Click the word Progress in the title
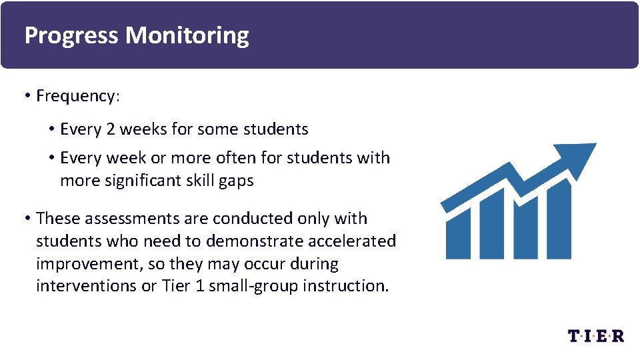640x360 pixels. (72, 35)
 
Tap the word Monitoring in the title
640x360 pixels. (187, 35)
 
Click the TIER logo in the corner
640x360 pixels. (595, 335)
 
